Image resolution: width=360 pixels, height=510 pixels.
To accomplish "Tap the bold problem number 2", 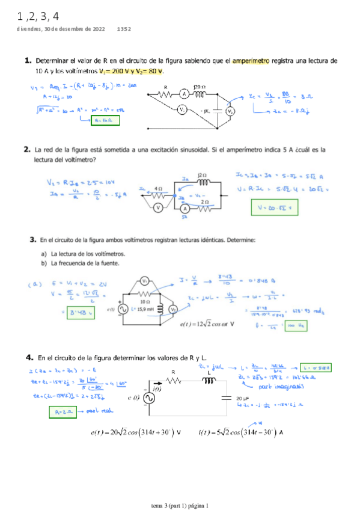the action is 27,149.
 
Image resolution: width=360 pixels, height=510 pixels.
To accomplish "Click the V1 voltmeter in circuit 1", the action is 180,109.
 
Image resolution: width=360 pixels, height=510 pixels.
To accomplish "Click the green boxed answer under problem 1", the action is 105,120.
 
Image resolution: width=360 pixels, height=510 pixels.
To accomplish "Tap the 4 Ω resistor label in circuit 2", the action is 159,188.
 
